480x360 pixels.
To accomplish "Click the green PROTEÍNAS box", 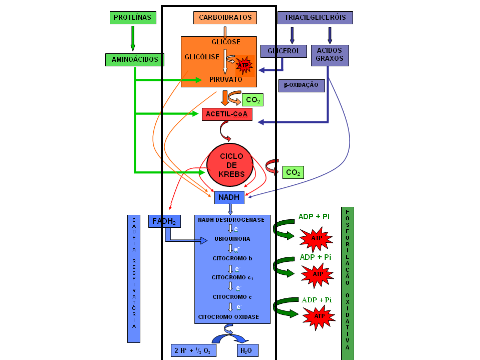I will click(133, 18).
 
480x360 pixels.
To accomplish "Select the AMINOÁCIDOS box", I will click(135, 60).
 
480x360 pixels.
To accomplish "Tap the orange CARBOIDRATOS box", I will click(225, 18).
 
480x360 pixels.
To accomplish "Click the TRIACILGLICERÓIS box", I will click(315, 18).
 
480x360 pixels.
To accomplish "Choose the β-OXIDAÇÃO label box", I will click(301, 85).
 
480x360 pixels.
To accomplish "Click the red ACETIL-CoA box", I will click(227, 114).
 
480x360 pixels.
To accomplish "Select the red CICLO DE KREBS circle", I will click(230, 165).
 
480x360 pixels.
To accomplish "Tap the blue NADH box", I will click(229, 197).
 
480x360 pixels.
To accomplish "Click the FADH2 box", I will click(164, 221).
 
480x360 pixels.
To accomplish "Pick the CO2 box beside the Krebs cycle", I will click(293, 173).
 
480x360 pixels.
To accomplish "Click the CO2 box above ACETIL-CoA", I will click(253, 100).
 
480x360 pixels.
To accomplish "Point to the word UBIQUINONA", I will click(232, 239).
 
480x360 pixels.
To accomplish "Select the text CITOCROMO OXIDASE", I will click(228, 317).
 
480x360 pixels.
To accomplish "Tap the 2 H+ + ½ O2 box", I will click(193, 351).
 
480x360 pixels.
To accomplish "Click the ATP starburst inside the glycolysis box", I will click(244, 65).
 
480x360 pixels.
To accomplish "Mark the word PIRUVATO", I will click(226, 80).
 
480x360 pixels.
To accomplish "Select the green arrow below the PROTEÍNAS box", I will click(133, 38).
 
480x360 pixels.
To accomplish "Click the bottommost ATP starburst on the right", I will click(319, 316).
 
